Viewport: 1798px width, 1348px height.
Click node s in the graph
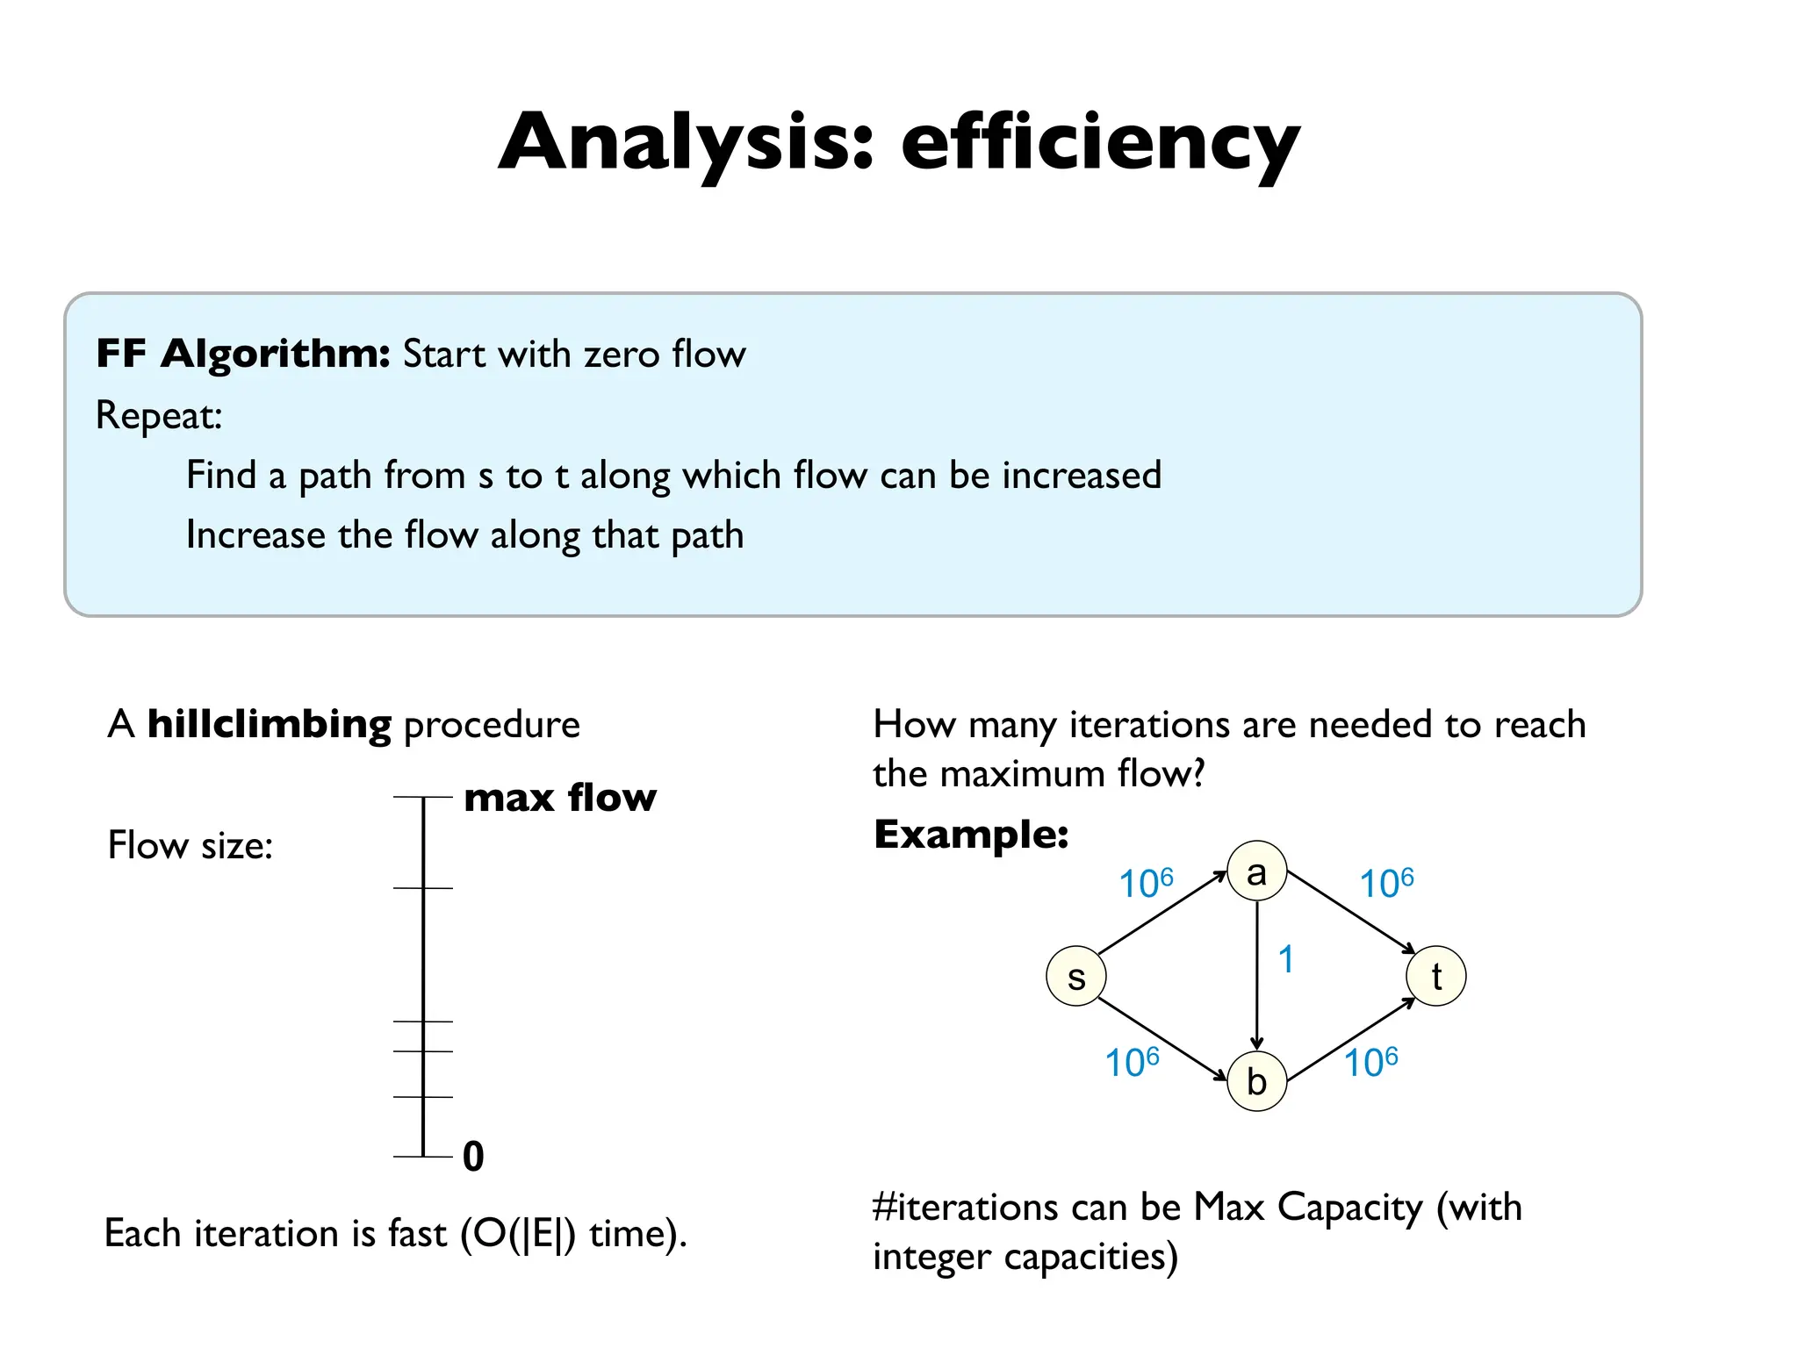coord(1075,976)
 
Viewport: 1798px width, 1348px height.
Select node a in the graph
coord(1256,871)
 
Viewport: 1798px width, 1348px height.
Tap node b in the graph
coord(1256,1081)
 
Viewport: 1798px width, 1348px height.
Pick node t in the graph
coord(1435,976)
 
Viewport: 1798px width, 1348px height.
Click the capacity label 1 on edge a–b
coord(1286,959)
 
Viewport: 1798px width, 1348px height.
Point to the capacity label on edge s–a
coord(1145,883)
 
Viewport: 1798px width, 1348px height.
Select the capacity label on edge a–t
coord(1386,883)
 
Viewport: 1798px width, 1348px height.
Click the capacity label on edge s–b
coord(1131,1062)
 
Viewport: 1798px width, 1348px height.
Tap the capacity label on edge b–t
coord(1370,1062)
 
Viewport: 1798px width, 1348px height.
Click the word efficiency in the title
coord(1099,143)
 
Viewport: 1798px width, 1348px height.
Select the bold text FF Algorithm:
coord(242,354)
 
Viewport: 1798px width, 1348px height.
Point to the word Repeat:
coord(159,415)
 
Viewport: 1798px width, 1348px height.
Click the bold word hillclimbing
coord(269,725)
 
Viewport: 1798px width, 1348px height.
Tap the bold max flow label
coord(559,798)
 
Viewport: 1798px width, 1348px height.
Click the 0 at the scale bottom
coord(473,1156)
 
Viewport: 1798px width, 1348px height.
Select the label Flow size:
coord(191,845)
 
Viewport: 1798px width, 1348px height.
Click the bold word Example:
coord(971,834)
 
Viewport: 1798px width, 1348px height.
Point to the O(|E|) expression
coord(518,1233)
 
